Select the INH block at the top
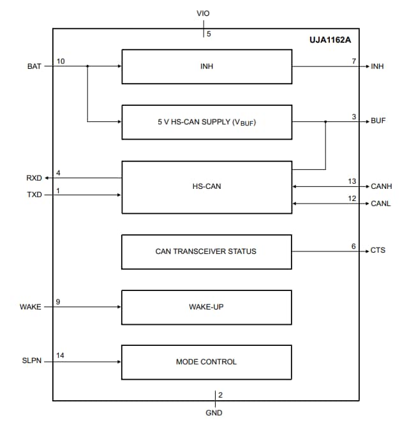click(206, 66)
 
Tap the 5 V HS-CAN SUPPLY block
click(206, 122)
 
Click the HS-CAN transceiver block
click(206, 187)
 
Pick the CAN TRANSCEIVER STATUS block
click(206, 251)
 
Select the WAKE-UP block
click(206, 307)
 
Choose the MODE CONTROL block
click(206, 362)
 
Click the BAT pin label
click(34, 66)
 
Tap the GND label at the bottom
click(214, 413)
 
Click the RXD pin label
click(34, 178)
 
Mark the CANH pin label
click(382, 187)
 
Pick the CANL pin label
click(381, 204)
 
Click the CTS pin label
click(378, 251)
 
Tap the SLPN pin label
click(32, 362)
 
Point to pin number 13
click(352, 181)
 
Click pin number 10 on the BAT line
click(60, 61)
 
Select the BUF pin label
click(378, 121)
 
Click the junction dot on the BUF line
click(325, 121)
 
